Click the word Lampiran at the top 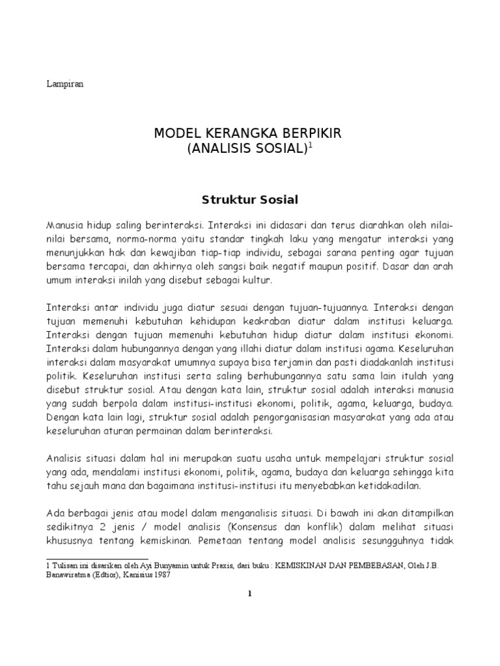pyautogui.click(x=64, y=84)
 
